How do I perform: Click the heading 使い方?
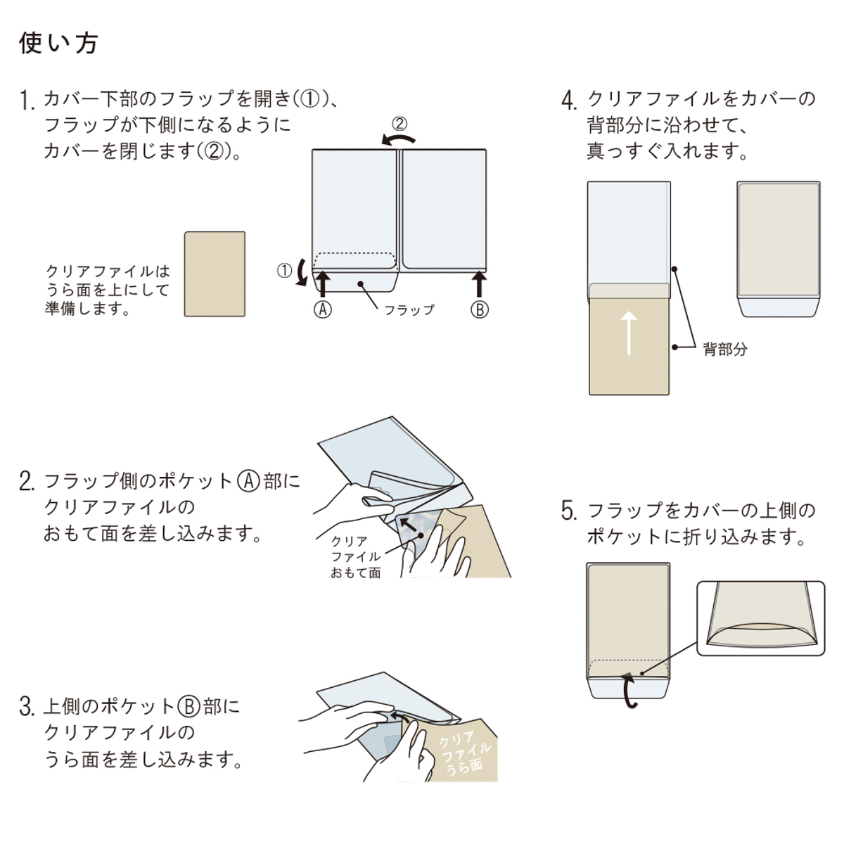tap(58, 44)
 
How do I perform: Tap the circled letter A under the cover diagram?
tap(322, 309)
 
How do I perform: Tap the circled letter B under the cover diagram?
tap(479, 309)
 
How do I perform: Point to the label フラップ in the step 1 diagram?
tap(409, 309)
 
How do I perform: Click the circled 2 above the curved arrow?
tap(399, 124)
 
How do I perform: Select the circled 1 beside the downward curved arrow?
tap(284, 271)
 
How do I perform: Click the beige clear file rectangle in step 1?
tap(215, 274)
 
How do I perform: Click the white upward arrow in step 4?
tap(629, 333)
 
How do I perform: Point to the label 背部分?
tap(724, 350)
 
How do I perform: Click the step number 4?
tap(569, 101)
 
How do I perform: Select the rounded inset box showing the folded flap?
tap(760, 618)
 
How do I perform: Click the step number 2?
tap(27, 482)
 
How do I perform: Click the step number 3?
tap(27, 707)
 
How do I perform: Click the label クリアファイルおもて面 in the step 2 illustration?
tap(355, 557)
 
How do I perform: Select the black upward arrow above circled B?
tap(479, 284)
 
